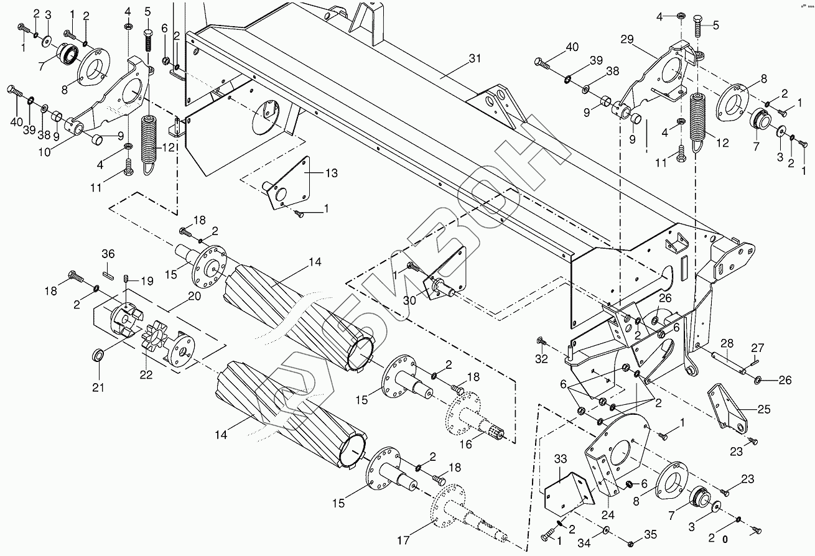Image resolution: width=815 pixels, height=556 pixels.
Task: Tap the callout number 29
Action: tap(626, 39)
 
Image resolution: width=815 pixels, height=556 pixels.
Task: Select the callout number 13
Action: tap(331, 173)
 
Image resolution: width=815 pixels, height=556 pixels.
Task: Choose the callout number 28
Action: tap(728, 343)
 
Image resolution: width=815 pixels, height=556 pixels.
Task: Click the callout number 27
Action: tap(757, 348)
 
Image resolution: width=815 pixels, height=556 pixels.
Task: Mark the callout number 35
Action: tap(650, 533)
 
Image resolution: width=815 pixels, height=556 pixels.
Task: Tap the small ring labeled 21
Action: tap(98, 355)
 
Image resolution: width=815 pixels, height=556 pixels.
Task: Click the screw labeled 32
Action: tap(540, 341)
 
